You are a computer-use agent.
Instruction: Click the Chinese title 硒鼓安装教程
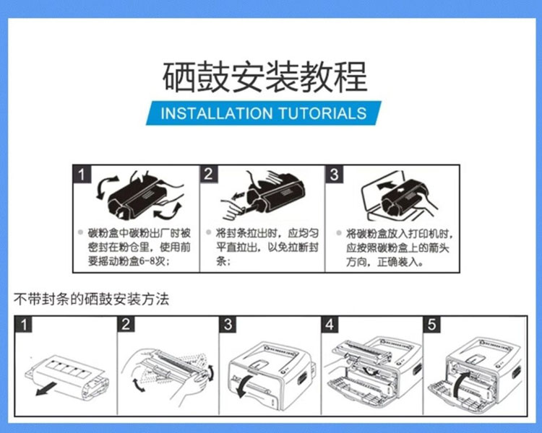pyautogui.click(x=264, y=76)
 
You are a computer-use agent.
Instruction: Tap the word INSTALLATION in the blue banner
pyautogui.click(x=217, y=113)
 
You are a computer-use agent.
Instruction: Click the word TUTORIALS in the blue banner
pyautogui.click(x=322, y=113)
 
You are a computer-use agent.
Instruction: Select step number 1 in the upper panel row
pyautogui.click(x=82, y=175)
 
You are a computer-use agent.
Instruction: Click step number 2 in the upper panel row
pyautogui.click(x=208, y=174)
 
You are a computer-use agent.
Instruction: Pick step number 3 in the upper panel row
pyautogui.click(x=334, y=174)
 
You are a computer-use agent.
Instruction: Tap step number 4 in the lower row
pyautogui.click(x=330, y=325)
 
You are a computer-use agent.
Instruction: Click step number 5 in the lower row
pyautogui.click(x=432, y=325)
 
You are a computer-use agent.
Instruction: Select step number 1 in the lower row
pyautogui.click(x=24, y=325)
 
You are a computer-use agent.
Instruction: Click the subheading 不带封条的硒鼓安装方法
pyautogui.click(x=91, y=299)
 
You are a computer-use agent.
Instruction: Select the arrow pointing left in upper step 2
pyautogui.click(x=238, y=196)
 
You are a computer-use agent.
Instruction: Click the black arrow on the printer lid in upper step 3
pyautogui.click(x=387, y=186)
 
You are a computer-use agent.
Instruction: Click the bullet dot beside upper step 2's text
pyautogui.click(x=208, y=232)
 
